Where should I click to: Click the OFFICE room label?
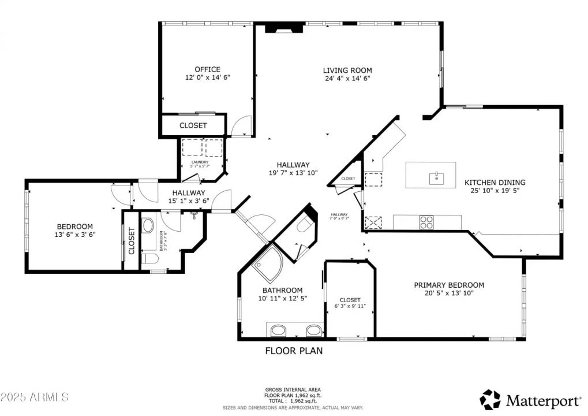[x=207, y=69]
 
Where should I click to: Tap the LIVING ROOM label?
[x=347, y=70]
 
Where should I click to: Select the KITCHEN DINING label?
[x=495, y=183]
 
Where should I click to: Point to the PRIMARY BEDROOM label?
[x=449, y=285]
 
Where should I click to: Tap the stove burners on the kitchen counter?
[x=426, y=222]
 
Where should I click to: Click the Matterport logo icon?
[x=490, y=399]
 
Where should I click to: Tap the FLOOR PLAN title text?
[x=294, y=350]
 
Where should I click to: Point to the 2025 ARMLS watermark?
[x=35, y=397]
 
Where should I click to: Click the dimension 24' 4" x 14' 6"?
[x=347, y=78]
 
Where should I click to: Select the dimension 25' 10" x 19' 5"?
[x=495, y=190]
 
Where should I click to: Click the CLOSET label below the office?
[x=193, y=125]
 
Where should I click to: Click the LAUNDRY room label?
[x=200, y=162]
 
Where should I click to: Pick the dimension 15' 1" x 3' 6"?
[x=186, y=200]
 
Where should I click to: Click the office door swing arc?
[x=242, y=125]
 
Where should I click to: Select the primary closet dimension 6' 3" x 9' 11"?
[x=350, y=306]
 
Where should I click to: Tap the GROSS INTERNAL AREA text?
[x=293, y=389]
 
